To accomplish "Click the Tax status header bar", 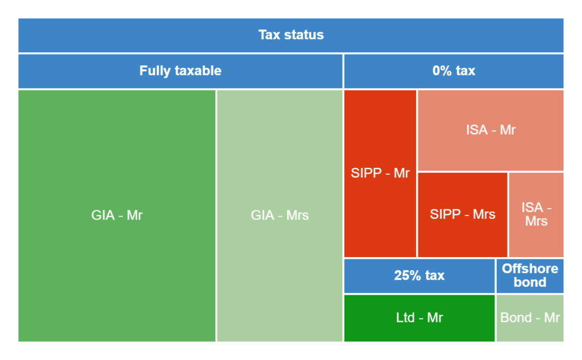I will [x=291, y=35].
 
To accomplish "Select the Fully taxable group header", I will [x=180, y=71].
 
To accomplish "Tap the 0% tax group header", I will [x=454, y=71].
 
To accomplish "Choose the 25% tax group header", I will [x=419, y=276].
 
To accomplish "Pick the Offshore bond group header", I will [x=530, y=276].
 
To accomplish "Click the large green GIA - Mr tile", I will [x=117, y=216].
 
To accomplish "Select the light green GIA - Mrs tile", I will [x=280, y=216].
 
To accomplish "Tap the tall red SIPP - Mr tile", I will [x=380, y=173].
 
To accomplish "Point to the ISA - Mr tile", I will [x=490, y=130].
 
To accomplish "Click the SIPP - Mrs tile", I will [x=463, y=214].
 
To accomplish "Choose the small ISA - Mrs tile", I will [x=536, y=214].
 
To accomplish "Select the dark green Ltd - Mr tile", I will [x=419, y=318].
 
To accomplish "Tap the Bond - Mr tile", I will [x=530, y=318].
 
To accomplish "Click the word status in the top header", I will [x=305, y=35].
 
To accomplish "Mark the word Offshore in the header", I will [x=530, y=269].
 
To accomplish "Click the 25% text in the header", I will [x=408, y=276].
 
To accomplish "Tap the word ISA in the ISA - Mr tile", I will [x=477, y=130].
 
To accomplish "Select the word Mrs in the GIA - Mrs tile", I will [x=298, y=216].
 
